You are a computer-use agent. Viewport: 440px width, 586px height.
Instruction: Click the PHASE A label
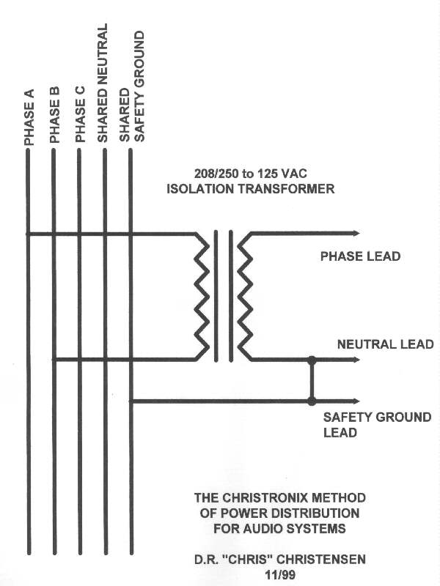(29, 117)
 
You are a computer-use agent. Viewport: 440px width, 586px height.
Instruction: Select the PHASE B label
(54, 115)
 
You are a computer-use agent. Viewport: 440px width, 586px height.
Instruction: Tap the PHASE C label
(81, 114)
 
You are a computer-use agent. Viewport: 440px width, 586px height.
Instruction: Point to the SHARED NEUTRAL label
(102, 83)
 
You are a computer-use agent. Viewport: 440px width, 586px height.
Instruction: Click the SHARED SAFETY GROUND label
(131, 86)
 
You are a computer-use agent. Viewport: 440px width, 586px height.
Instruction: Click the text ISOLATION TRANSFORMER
(250, 189)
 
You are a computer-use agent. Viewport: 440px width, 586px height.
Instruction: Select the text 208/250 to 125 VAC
(250, 174)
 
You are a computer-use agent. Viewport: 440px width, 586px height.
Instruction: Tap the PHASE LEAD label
(360, 256)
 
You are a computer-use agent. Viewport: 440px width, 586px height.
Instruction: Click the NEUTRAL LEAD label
(386, 344)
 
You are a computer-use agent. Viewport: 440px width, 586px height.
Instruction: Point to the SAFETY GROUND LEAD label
(377, 425)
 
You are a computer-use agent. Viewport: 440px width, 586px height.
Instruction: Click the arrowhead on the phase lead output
(356, 234)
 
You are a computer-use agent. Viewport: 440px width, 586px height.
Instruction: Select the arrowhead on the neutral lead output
(356, 360)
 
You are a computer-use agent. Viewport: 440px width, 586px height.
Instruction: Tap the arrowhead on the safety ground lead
(356, 401)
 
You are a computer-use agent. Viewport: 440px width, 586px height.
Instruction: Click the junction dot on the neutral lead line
(312, 360)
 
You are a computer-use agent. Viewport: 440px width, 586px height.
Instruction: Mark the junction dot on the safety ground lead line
(312, 401)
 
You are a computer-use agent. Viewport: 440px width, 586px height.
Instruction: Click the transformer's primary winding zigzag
(202, 297)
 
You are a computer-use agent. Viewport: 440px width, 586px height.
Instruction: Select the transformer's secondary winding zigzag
(245, 297)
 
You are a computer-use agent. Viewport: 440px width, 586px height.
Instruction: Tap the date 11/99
(280, 575)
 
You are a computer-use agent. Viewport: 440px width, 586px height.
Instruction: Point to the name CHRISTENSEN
(321, 560)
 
